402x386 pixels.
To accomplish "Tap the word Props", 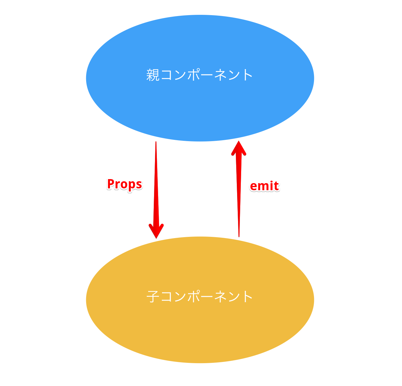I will [124, 184].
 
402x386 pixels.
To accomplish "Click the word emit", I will [264, 186].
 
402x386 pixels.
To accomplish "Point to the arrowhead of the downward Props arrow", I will [156, 231].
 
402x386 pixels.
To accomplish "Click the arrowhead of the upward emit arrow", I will [239, 149].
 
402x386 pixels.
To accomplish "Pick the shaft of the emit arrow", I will [238, 191].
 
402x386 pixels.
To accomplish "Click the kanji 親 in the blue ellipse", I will [153, 75].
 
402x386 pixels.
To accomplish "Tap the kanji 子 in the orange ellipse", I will [153, 297].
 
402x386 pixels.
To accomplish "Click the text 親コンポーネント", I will [200, 75].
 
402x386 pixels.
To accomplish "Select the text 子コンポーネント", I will [200, 297].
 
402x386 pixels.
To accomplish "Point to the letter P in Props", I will [111, 184].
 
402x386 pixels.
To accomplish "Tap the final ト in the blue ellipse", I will [247, 75].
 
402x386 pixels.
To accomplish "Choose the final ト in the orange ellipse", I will [247, 297].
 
